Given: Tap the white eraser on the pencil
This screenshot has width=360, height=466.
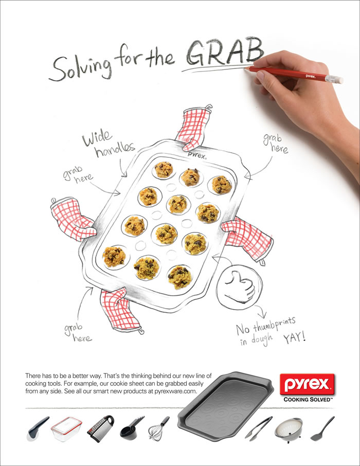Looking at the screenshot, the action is [334, 79].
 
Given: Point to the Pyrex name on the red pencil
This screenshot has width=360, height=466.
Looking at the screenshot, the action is [311, 76].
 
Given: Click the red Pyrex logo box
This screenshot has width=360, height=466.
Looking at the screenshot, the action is [307, 384].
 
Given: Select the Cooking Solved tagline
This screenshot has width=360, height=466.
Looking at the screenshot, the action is [308, 400].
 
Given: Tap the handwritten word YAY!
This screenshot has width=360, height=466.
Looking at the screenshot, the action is [294, 337].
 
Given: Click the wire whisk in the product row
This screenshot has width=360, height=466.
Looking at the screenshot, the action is [159, 428].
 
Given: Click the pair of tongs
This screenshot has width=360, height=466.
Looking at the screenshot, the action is [258, 428].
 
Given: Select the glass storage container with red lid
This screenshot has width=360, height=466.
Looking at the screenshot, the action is [66, 429].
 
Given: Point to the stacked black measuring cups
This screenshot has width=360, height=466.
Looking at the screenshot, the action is [132, 428].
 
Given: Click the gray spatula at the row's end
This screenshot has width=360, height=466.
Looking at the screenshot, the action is [322, 428].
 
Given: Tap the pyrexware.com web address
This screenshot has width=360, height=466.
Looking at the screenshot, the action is [175, 391].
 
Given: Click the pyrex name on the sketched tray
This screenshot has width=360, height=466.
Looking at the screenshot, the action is [196, 155].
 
